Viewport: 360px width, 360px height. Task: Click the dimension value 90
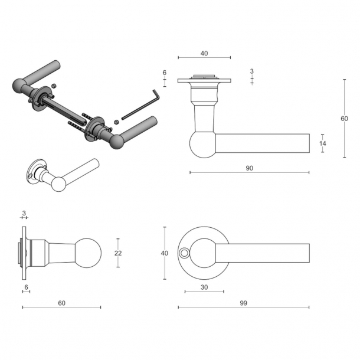tap(249, 168)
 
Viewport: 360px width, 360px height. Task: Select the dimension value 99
tap(243, 303)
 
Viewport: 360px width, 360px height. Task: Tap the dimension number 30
tap(204, 287)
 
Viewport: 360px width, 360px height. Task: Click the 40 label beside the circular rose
tap(165, 253)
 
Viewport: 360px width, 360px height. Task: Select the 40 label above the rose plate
tap(204, 53)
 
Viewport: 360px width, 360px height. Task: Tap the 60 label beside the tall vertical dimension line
tap(345, 119)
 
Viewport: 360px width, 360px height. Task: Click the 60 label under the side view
tap(61, 303)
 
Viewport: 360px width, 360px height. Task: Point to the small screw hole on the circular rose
tap(185, 253)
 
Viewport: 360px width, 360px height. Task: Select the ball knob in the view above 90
tap(203, 145)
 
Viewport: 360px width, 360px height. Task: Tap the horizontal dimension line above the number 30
tap(204, 292)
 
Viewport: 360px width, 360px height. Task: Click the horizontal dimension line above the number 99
tap(243, 307)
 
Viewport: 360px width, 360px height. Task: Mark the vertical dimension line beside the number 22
tap(118, 253)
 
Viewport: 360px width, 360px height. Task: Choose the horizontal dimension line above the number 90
tap(249, 172)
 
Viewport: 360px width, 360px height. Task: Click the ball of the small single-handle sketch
tap(57, 184)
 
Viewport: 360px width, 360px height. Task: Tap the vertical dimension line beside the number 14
tap(322, 143)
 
